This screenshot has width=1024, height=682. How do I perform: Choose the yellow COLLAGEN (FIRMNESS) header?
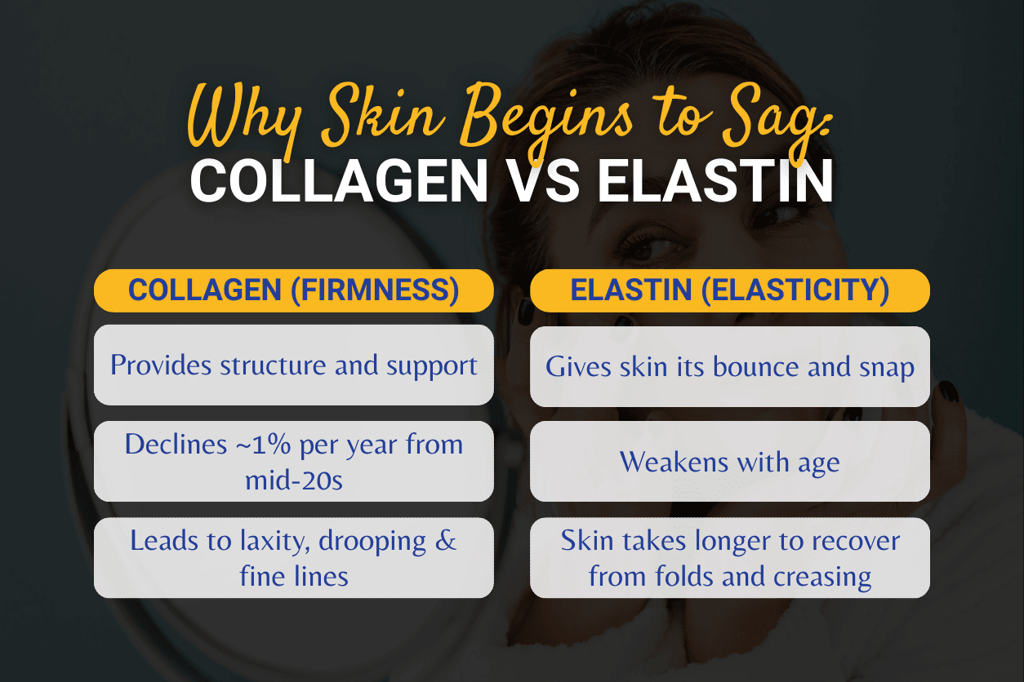294,291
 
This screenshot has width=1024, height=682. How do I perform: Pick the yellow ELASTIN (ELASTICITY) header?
729,291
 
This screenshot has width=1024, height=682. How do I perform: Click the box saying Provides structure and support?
294,365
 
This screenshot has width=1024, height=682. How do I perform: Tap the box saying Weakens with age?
729,462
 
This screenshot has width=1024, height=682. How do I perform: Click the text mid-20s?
294,480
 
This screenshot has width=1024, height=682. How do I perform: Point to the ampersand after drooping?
446,541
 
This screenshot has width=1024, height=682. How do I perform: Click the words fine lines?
294,576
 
